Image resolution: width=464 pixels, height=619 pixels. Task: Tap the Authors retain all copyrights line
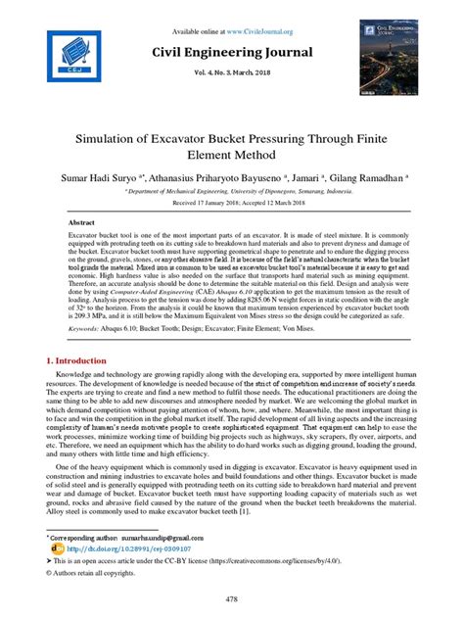pos(95,573)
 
